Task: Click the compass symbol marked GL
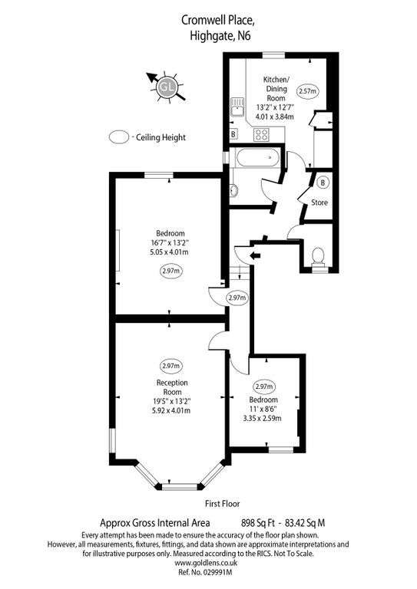tap(167, 88)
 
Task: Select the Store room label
tap(319, 202)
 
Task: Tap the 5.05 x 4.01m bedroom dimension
tap(170, 252)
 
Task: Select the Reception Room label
tap(172, 387)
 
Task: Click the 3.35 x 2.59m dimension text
tap(263, 418)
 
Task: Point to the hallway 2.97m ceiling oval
tap(237, 298)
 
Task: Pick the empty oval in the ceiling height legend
tap(119, 137)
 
